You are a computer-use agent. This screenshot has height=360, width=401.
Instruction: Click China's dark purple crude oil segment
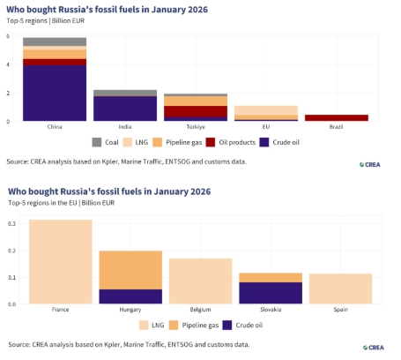pyautogui.click(x=55, y=93)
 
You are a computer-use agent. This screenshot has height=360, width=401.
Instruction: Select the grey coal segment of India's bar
pyautogui.click(x=125, y=93)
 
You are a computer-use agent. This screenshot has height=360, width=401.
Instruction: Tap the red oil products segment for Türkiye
pyautogui.click(x=196, y=111)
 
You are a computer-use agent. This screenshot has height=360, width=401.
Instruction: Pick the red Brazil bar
pyautogui.click(x=337, y=117)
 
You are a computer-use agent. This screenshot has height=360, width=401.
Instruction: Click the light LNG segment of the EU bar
pyautogui.click(x=266, y=110)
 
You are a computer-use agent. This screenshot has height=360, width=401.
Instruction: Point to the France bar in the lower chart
pyautogui.click(x=61, y=262)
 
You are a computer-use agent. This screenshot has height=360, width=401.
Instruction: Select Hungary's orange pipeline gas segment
pyautogui.click(x=130, y=270)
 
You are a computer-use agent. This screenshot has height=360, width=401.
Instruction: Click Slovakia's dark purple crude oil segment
pyautogui.click(x=271, y=293)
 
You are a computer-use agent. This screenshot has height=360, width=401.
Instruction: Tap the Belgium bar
pyautogui.click(x=201, y=281)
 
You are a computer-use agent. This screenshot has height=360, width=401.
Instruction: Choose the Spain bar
pyautogui.click(x=341, y=289)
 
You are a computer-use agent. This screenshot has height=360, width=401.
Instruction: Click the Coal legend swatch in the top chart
pyautogui.click(x=97, y=142)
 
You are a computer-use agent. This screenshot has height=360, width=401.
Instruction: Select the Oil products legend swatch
pyautogui.click(x=211, y=142)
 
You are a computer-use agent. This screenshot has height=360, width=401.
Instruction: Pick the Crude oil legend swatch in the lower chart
pyautogui.click(x=227, y=326)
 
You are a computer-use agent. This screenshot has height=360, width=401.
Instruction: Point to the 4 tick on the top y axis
pyautogui.click(x=8, y=64)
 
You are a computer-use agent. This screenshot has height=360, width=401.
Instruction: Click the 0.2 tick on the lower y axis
pyautogui.click(x=12, y=251)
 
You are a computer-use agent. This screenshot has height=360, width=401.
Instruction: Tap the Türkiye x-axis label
pyautogui.click(x=196, y=127)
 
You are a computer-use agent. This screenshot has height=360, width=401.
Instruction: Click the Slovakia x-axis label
pyautogui.click(x=271, y=310)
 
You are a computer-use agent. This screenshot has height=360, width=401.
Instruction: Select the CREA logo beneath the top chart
pyautogui.click(x=370, y=165)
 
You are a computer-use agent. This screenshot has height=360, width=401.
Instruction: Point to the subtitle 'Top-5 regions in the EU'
pyautogui.click(x=42, y=203)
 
